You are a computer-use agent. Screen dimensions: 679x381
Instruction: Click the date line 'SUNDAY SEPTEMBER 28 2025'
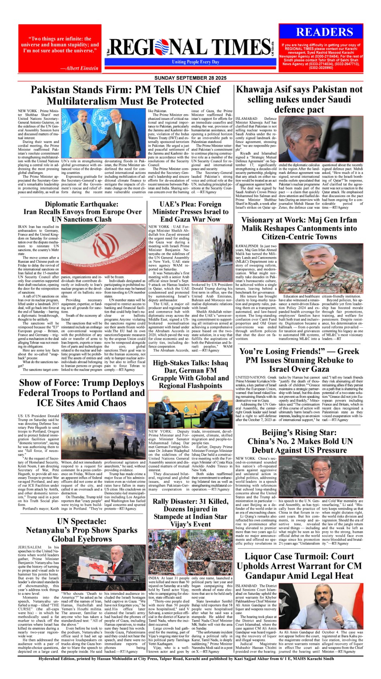click(190, 78)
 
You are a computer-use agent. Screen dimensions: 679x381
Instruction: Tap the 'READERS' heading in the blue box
click(324, 32)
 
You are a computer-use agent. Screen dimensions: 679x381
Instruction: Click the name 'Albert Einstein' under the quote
click(79, 68)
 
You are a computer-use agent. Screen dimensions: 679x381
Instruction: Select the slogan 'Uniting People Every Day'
click(196, 62)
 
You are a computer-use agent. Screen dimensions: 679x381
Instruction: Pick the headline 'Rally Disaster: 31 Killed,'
click(190, 502)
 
